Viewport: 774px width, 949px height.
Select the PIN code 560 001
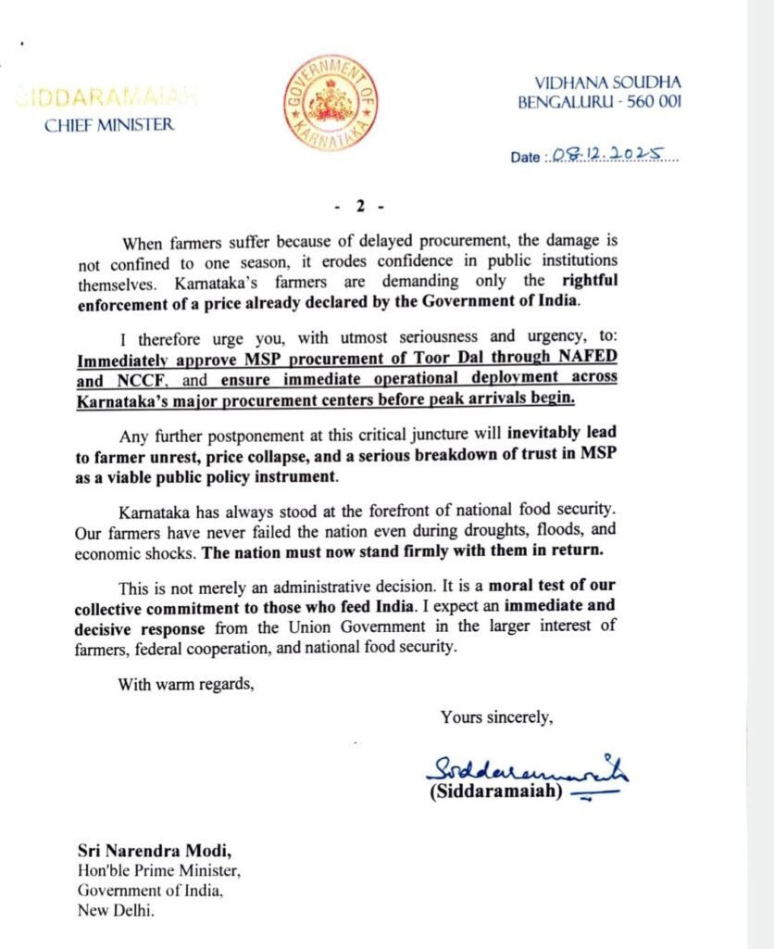point(652,101)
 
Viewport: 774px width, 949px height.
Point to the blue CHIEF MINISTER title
point(108,125)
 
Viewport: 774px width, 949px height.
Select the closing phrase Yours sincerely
point(497,716)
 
